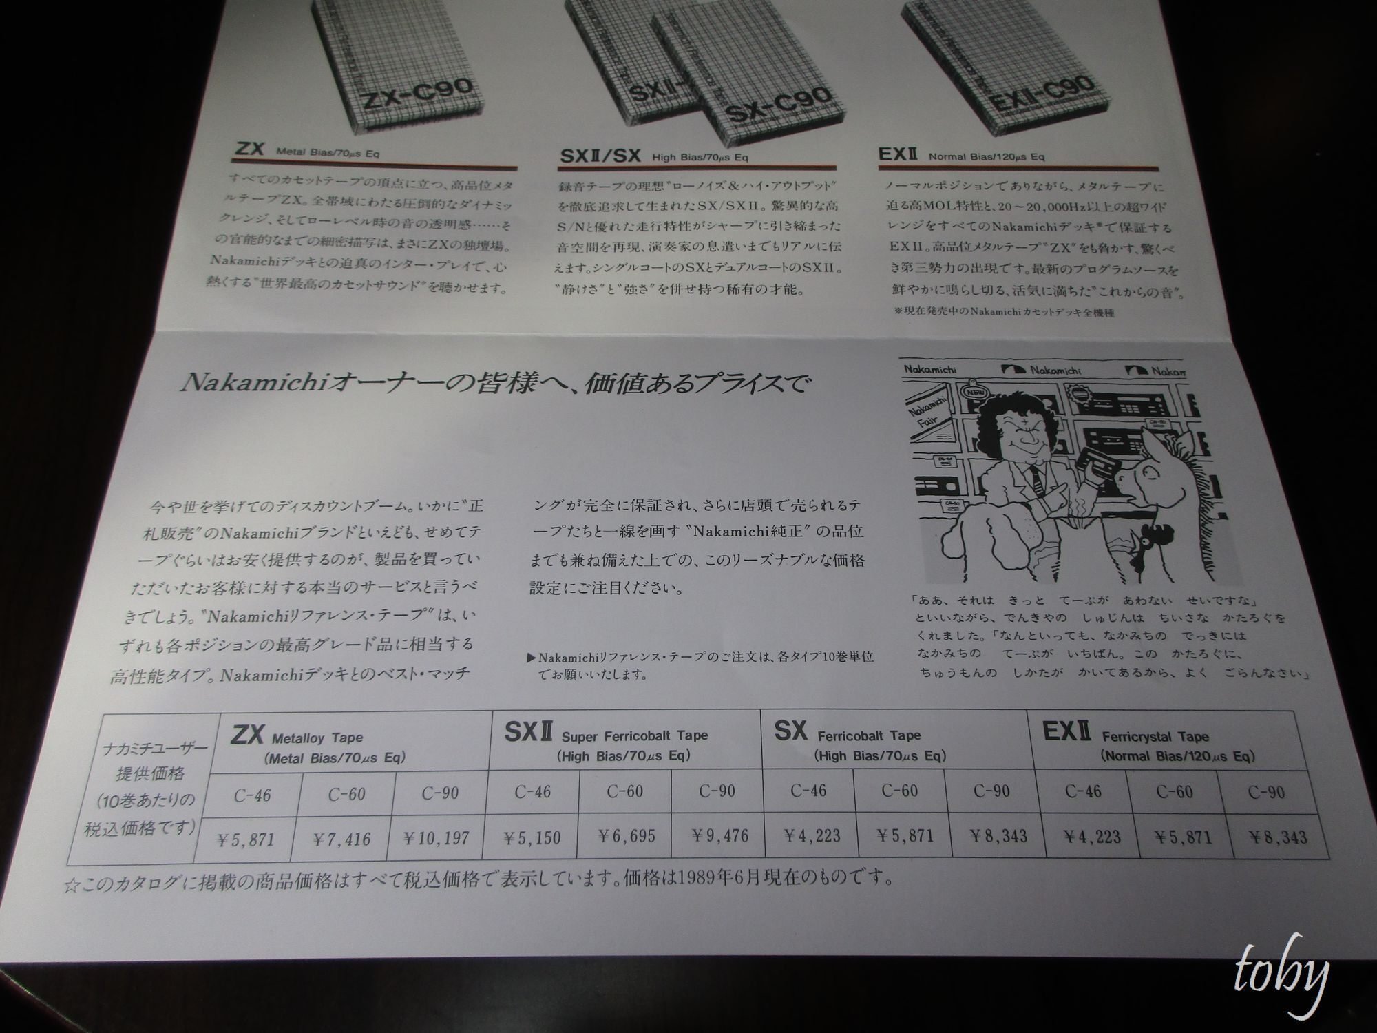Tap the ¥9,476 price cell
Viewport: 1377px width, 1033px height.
[x=719, y=836]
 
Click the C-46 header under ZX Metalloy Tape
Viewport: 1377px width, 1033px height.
[x=252, y=795]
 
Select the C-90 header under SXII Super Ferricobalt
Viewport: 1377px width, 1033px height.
[x=717, y=791]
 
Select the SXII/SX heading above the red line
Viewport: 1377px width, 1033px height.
[x=600, y=156]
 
